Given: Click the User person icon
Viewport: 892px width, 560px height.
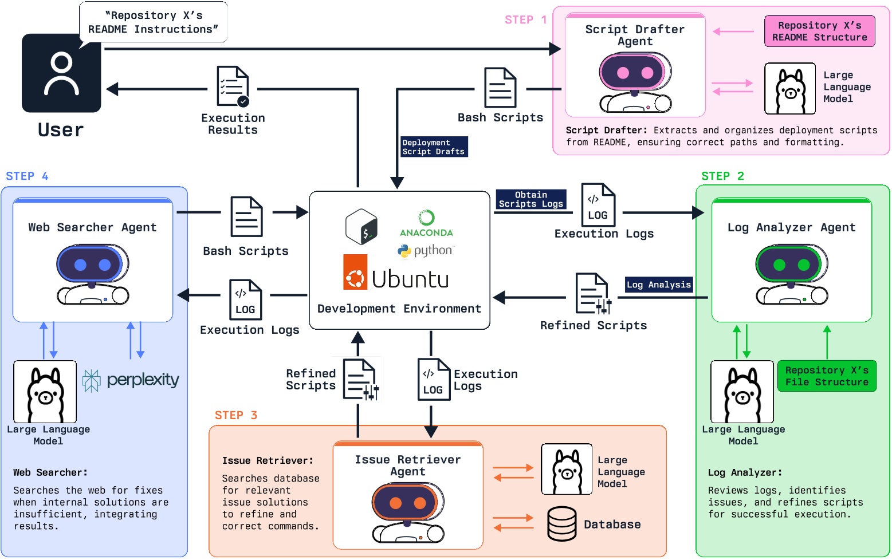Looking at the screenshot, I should [61, 73].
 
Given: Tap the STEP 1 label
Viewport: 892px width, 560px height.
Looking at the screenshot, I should [525, 20].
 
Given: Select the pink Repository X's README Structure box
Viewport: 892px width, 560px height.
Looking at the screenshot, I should [819, 31].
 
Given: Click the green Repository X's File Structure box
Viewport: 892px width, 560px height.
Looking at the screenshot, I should [826, 376].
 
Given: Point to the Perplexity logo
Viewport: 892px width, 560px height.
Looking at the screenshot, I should [131, 380].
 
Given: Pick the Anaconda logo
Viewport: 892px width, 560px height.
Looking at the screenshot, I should [426, 223].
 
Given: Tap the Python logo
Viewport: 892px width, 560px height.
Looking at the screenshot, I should [425, 251].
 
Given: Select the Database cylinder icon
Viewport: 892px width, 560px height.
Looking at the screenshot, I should [561, 524].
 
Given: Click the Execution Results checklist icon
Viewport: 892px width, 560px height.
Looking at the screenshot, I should [233, 86].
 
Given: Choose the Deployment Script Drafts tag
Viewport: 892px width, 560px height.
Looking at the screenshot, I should [434, 147].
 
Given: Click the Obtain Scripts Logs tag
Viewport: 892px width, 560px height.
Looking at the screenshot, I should [531, 199].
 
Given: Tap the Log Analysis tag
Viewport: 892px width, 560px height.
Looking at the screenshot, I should [658, 285].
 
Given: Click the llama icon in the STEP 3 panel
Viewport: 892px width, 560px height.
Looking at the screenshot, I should [566, 469].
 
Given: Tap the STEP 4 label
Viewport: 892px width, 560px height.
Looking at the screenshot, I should [27, 176].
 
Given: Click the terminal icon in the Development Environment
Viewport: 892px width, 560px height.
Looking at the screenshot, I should [361, 227].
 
